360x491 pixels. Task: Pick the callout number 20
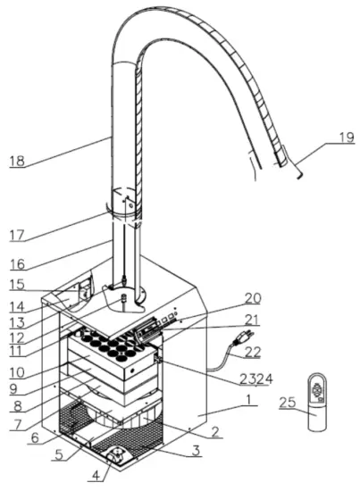coord(252,298)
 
